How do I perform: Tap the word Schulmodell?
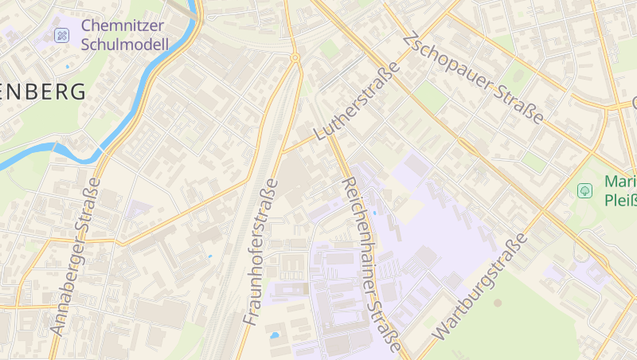125,45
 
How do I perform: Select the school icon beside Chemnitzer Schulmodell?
61,35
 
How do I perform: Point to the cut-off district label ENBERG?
43,92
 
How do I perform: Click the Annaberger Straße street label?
76,255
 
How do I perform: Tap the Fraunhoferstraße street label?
260,252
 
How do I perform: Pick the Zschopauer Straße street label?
473,78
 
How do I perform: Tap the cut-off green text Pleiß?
619,199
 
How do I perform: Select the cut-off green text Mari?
619,181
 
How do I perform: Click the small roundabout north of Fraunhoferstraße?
295,57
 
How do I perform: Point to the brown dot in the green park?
498,303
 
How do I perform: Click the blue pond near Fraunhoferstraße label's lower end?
275,335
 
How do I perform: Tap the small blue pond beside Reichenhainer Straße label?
375,190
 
